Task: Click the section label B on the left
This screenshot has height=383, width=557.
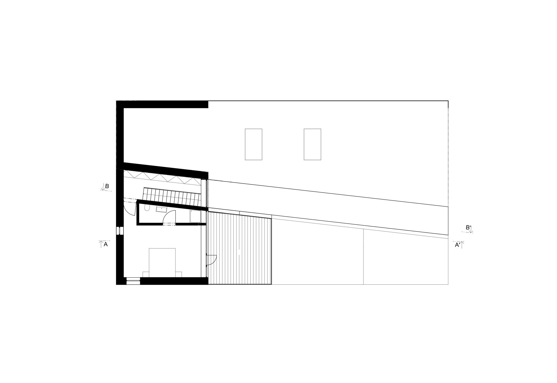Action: click(107, 186)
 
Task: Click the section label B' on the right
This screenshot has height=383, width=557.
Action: click(468, 227)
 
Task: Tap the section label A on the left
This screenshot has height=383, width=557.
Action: click(106, 244)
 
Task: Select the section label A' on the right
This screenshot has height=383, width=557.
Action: click(458, 245)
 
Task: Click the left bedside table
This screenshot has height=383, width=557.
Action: click(146, 274)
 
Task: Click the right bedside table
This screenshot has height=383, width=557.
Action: click(179, 274)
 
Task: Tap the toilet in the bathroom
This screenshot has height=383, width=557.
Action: click(147, 208)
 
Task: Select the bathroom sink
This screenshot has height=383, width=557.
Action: click(162, 209)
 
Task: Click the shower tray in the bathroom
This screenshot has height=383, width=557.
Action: click(196, 216)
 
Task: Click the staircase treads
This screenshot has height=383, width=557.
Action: click(172, 196)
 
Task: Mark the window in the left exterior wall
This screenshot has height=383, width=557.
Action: click(120, 231)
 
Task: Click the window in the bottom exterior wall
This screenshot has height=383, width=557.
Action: click(133, 281)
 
